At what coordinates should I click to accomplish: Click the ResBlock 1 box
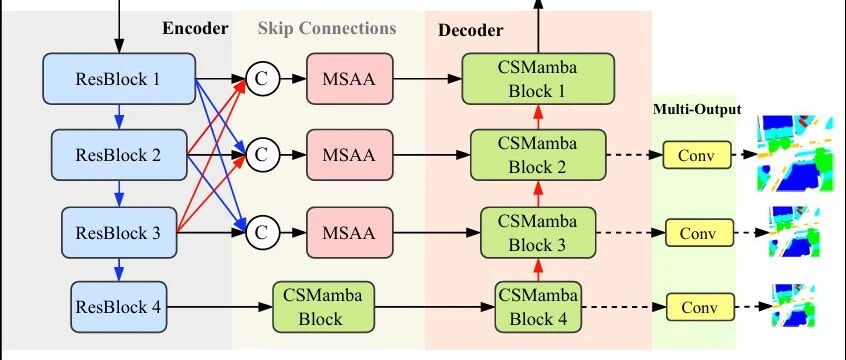pos(119,79)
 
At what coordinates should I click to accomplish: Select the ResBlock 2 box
pos(119,155)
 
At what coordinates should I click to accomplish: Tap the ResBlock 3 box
pos(119,233)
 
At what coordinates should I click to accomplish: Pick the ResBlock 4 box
pos(119,307)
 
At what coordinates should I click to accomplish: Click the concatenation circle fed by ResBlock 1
pos(262,79)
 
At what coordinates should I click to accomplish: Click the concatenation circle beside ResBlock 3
pos(262,233)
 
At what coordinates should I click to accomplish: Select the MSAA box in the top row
pos(349,79)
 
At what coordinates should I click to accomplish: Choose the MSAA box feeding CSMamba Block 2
pos(349,155)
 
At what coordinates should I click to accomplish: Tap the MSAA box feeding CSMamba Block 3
pos(349,233)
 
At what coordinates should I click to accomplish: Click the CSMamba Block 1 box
pos(538,79)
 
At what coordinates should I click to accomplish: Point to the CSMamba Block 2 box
pos(538,155)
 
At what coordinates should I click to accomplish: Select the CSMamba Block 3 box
pos(538,233)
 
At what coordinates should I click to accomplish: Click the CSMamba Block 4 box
pos(538,307)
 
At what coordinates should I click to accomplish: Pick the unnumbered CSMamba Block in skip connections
pos(323,307)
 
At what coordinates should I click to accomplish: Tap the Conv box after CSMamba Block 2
pos(696,155)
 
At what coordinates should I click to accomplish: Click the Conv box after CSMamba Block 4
pos(700,307)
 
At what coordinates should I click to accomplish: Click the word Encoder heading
pos(195,28)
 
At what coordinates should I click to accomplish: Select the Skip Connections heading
pos(327,28)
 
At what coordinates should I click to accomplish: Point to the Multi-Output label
pos(697,109)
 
